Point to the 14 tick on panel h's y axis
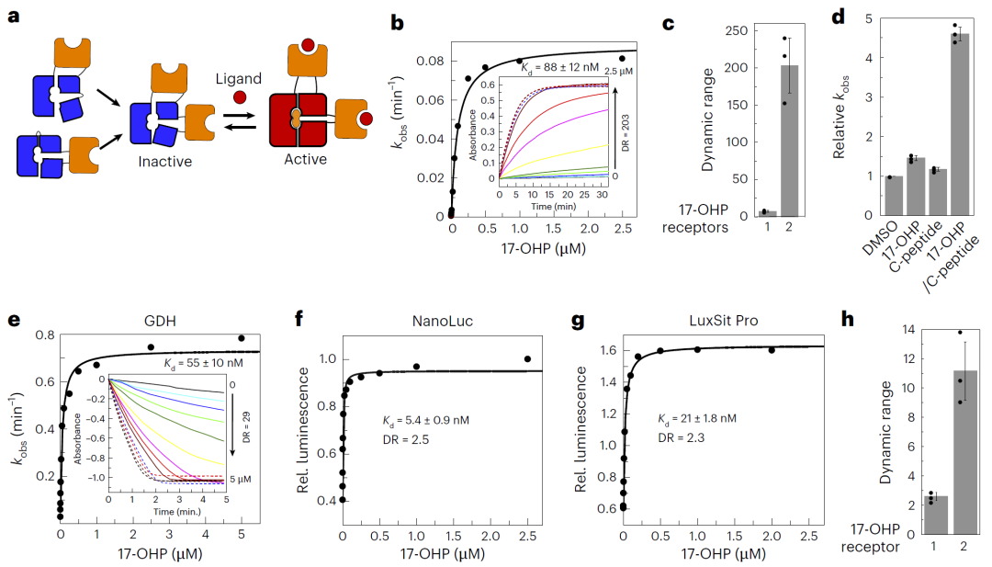point(910,329)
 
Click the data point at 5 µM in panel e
point(242,338)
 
